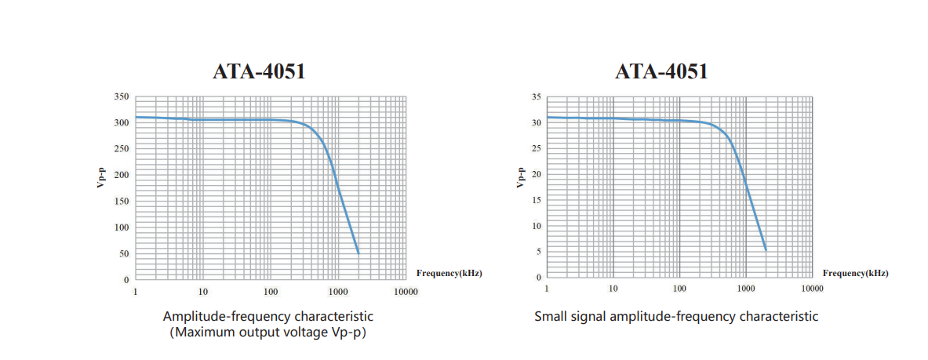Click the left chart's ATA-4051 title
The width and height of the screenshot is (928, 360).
click(259, 71)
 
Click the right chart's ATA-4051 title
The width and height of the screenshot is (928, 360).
click(661, 71)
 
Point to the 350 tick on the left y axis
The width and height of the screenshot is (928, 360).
click(121, 96)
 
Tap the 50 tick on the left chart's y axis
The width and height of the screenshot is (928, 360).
click(124, 253)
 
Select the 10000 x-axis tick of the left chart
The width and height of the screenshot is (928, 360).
click(405, 292)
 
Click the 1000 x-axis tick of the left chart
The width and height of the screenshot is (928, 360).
click(338, 292)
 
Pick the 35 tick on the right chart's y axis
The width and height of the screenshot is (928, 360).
click(537, 96)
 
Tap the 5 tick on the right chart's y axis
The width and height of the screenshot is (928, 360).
click(539, 251)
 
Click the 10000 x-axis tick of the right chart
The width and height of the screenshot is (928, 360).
click(813, 289)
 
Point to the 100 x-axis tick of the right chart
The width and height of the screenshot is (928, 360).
click(679, 289)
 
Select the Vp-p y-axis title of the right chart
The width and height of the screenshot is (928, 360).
click(520, 177)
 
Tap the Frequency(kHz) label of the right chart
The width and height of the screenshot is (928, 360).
click(856, 273)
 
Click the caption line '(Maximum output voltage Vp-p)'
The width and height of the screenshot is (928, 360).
click(268, 333)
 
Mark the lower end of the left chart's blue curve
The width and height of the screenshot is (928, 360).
click(358, 253)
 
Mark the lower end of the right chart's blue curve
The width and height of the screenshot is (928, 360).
click(766, 250)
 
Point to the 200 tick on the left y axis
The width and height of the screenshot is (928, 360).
click(121, 175)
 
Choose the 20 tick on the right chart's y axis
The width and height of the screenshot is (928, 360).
click(537, 174)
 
